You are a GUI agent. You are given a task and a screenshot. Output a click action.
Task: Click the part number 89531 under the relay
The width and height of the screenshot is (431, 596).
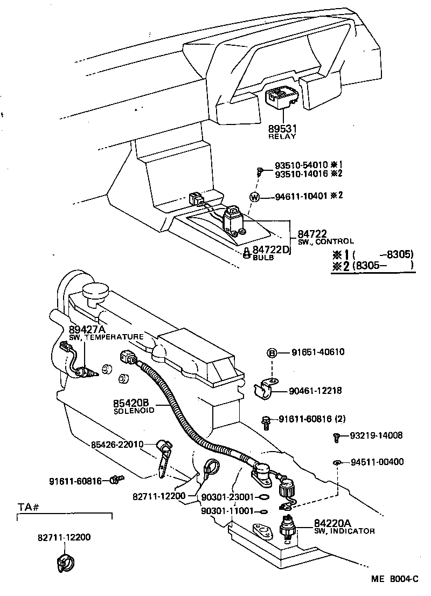tap(282, 129)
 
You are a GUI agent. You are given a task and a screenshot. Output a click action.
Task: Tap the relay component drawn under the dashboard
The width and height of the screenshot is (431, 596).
tap(282, 100)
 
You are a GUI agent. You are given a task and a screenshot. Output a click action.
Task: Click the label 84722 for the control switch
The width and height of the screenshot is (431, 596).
tap(312, 234)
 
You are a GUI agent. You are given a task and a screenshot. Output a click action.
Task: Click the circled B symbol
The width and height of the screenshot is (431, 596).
tap(273, 353)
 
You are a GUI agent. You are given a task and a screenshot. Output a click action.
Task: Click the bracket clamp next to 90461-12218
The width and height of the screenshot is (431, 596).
tap(268, 389)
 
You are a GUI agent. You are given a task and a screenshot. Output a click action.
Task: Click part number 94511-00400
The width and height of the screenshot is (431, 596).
tap(377, 462)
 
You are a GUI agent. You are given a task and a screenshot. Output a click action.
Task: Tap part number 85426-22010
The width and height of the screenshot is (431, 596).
tap(117, 445)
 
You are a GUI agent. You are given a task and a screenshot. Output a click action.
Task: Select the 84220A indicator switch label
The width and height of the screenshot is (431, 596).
tap(332, 523)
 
